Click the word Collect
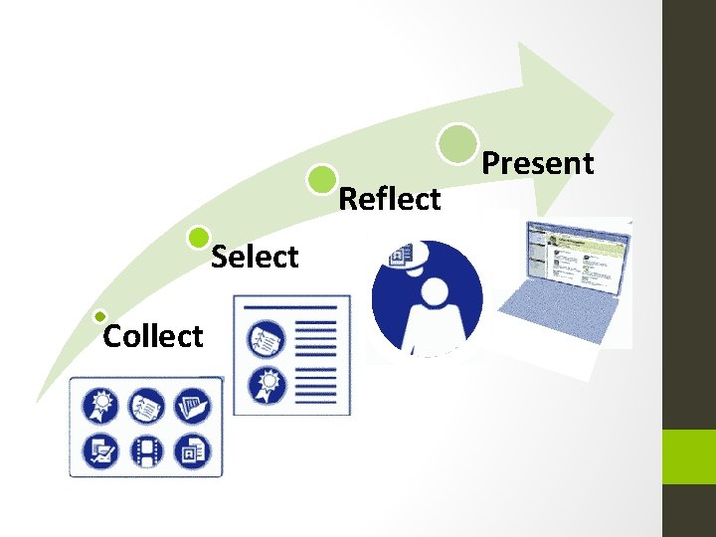coord(153,336)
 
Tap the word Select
coord(256,258)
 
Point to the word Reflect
coord(390,199)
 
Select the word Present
coord(538,163)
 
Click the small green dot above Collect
coord(99,316)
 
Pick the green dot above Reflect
coord(321,179)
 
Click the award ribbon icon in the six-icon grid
coord(102,408)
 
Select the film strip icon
coord(147,452)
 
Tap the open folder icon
coord(192,408)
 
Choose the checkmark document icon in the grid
coord(102,452)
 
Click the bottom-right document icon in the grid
coord(192,452)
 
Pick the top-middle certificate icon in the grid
coord(147,408)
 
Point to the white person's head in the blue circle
coord(435,293)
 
